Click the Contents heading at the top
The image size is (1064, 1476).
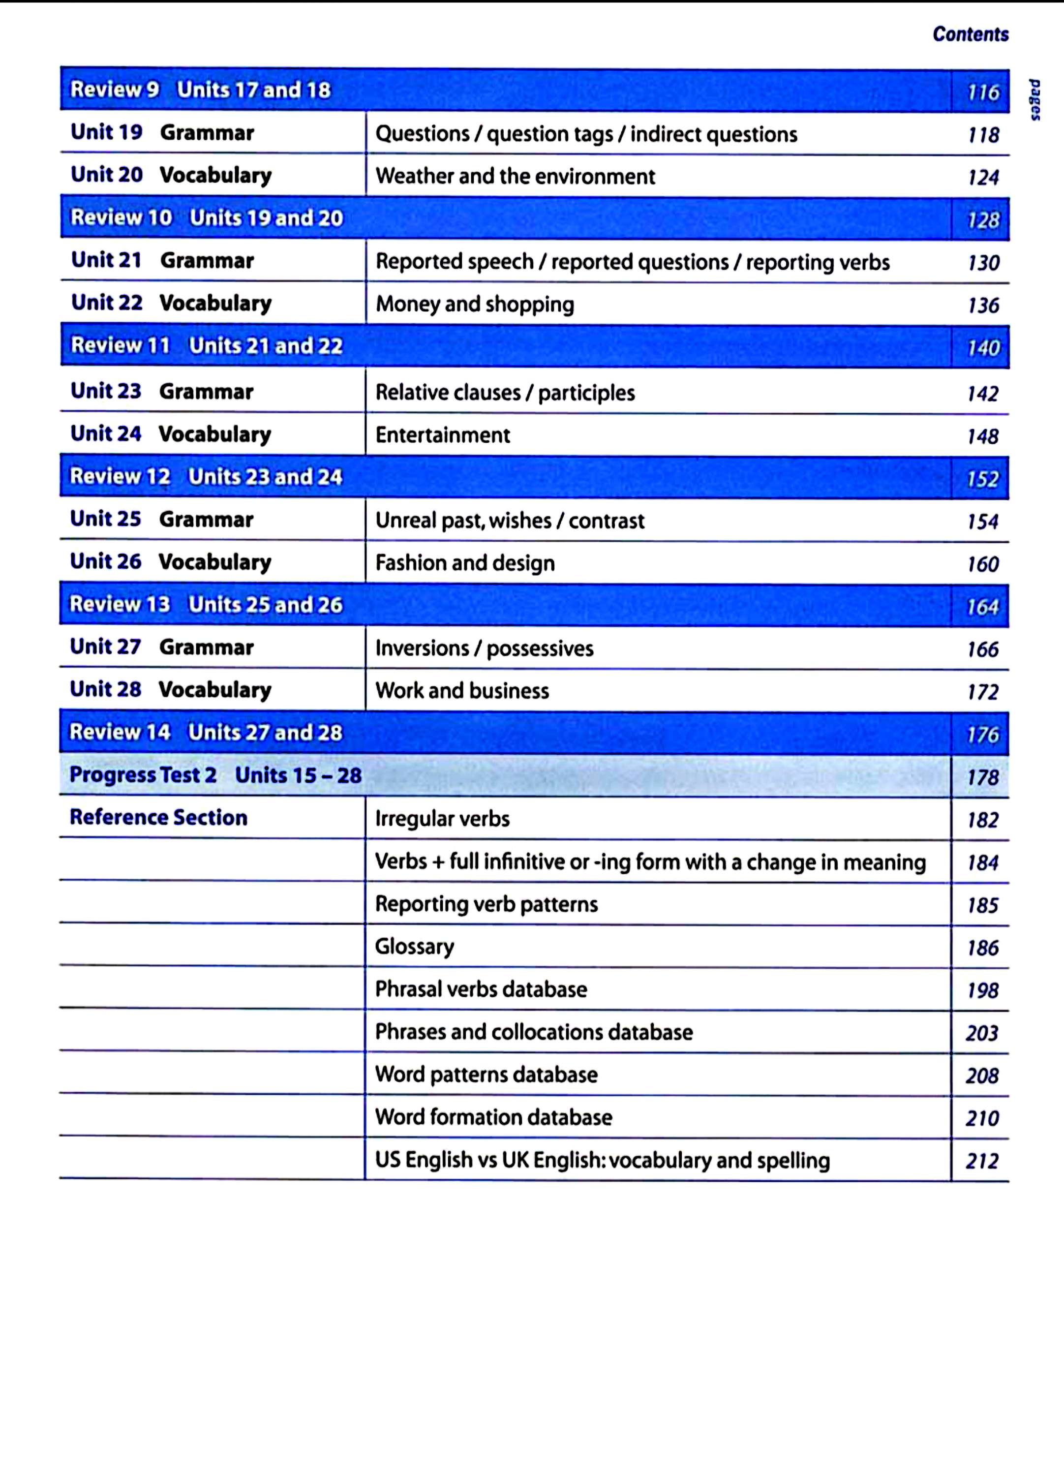(970, 34)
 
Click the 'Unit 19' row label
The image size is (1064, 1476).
(107, 132)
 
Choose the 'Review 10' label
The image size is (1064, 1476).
(121, 217)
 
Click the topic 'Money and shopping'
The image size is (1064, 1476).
(474, 304)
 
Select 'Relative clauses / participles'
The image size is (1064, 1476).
(505, 393)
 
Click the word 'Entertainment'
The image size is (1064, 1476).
(443, 435)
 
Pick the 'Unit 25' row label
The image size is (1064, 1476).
(105, 519)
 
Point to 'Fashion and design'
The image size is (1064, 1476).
(465, 563)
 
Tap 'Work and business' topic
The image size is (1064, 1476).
(462, 690)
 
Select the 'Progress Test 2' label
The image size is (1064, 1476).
(143, 775)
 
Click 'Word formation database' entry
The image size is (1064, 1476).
(493, 1117)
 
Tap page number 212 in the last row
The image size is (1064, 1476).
(982, 1160)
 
